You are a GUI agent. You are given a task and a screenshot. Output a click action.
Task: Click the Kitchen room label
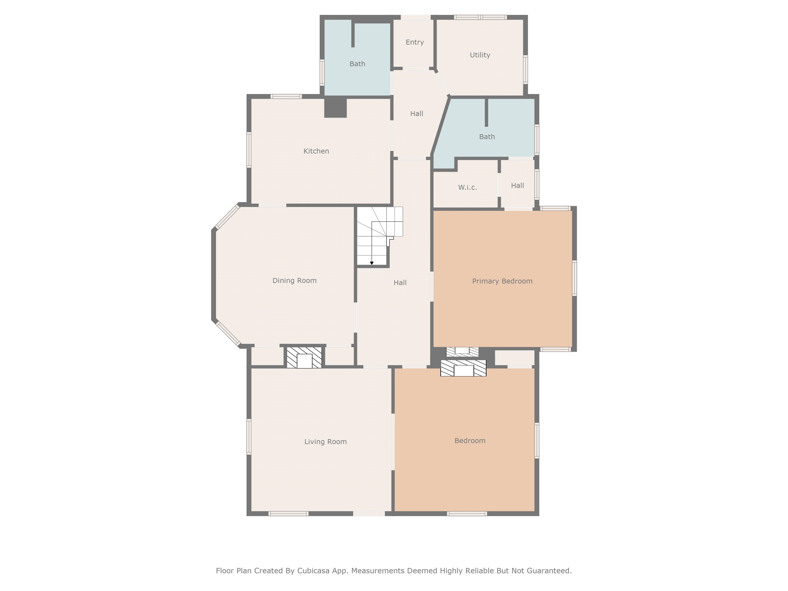tap(316, 151)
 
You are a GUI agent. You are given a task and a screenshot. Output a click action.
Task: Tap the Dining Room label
tap(294, 281)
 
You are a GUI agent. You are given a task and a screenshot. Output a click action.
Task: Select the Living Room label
tap(325, 442)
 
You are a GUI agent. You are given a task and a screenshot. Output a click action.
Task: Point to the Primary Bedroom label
tap(502, 281)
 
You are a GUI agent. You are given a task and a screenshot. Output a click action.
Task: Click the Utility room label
tap(480, 55)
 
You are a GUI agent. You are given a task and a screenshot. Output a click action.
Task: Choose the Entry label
tap(415, 42)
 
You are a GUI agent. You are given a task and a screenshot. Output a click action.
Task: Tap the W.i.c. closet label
tap(467, 188)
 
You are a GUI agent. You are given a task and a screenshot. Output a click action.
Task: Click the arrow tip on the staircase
tap(372, 264)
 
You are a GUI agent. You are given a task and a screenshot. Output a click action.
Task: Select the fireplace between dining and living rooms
tap(304, 357)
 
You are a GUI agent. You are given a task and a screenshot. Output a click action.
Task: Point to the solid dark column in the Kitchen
tap(335, 107)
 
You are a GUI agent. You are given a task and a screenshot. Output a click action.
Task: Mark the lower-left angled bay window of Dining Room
tap(228, 334)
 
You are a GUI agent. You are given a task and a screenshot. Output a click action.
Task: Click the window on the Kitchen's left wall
tap(249, 150)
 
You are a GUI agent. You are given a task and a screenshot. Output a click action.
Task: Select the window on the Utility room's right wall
tap(525, 70)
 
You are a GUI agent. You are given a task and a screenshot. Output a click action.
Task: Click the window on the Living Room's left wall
tap(249, 437)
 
